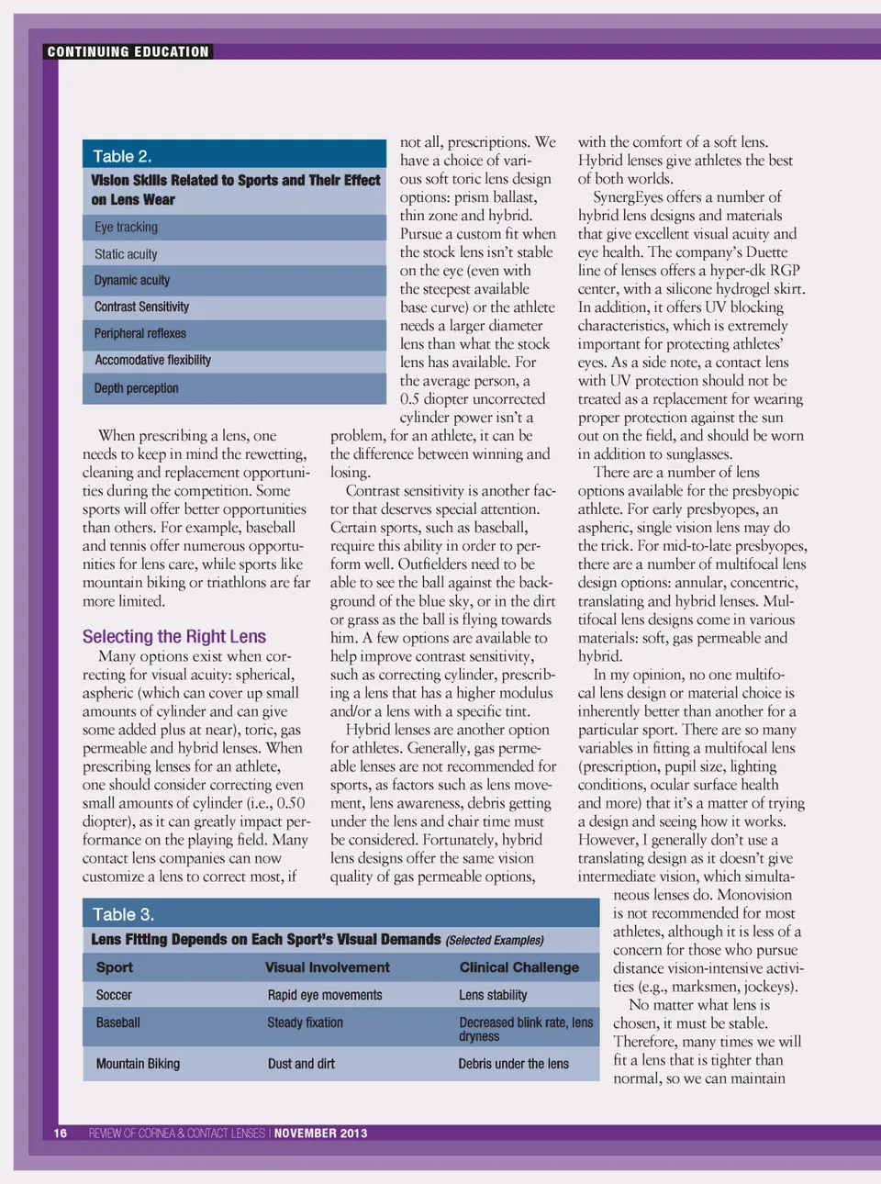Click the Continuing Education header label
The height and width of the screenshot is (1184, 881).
coord(128,51)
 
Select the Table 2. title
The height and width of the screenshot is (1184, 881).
coord(122,156)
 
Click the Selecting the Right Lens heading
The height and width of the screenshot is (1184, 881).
coord(173,636)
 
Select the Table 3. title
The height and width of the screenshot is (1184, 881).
coord(123,914)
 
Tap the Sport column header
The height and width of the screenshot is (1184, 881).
coord(115,966)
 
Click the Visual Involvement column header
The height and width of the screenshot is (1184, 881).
coord(327,966)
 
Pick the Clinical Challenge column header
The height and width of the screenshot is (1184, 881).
coord(519,966)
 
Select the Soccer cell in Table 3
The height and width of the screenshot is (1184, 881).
coord(114,995)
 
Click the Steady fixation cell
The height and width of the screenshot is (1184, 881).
coord(305,1022)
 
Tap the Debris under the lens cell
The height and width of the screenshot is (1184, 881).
coord(513,1064)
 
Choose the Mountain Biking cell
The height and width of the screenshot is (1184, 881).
coord(138,1064)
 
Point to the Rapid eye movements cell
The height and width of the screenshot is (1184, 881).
coord(324,995)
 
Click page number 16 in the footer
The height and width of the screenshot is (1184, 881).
coord(60,1133)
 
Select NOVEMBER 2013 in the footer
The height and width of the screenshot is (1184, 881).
coord(320,1133)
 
